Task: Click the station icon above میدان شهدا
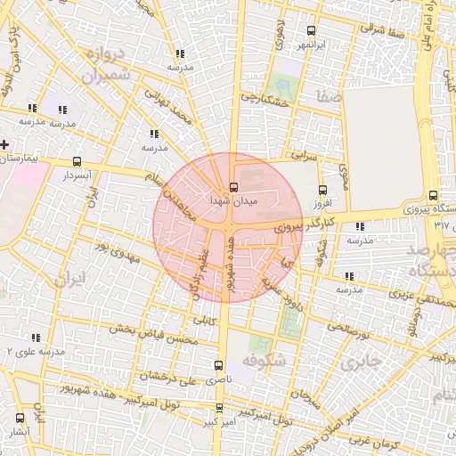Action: [233, 187]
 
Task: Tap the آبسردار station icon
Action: [77, 162]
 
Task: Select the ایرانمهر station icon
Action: [310, 28]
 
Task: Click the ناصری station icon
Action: [219, 365]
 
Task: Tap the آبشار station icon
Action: [20, 417]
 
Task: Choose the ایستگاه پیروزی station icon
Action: [433, 195]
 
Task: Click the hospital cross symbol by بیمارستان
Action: [4, 143]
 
